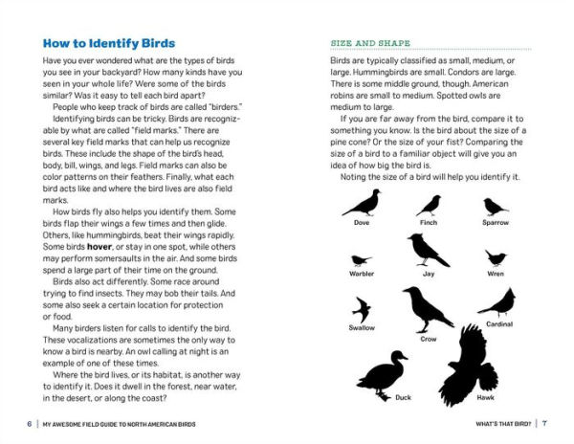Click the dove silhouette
pos(362,202)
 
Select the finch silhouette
pos(429,205)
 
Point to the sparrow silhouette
pos(495,206)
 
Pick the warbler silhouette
pos(362,259)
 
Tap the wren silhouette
pos(495,257)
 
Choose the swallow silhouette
pos(361,308)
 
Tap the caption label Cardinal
pos(499,324)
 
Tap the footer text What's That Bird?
pos(498,422)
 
